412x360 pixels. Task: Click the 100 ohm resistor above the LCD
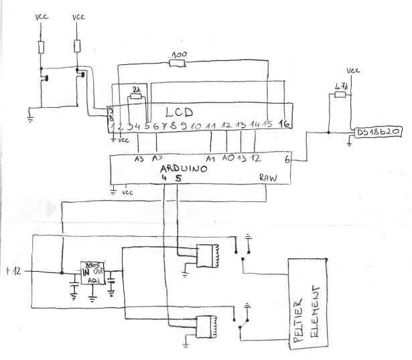[x=178, y=64]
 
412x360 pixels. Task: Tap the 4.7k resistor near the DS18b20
[x=340, y=95]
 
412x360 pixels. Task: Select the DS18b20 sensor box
[x=379, y=132]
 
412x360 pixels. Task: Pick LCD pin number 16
[x=284, y=124]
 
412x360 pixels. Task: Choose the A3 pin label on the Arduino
[x=139, y=159]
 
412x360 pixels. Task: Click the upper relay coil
[x=215, y=254]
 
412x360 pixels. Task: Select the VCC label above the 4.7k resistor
[x=353, y=71]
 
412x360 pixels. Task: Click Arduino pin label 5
[x=178, y=179]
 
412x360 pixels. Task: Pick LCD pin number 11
[x=210, y=126]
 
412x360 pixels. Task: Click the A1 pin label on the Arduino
[x=210, y=159]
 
